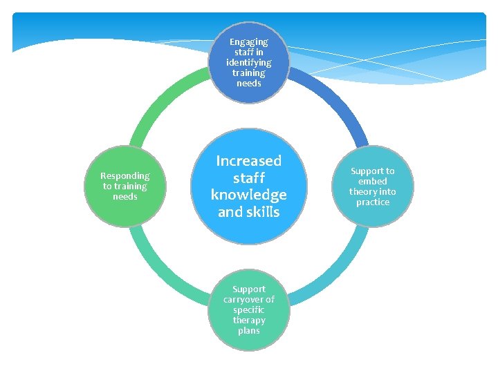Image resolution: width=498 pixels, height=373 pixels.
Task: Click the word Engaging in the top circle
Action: [249, 42]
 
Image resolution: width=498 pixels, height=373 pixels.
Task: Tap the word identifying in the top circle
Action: [249, 63]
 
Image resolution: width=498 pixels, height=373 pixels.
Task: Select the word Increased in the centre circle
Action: [249, 161]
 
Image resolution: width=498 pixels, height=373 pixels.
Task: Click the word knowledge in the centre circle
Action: [249, 195]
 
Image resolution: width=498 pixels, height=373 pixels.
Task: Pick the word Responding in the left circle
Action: [124, 176]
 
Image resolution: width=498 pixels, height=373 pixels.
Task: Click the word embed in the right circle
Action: [373, 182]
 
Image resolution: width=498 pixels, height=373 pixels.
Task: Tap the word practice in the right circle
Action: [373, 202]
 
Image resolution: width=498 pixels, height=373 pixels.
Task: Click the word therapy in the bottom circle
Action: [249, 321]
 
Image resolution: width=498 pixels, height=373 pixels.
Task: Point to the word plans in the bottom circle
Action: [249, 331]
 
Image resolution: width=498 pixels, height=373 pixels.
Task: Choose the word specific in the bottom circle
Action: [249, 310]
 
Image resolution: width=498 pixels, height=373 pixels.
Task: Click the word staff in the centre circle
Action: [249, 178]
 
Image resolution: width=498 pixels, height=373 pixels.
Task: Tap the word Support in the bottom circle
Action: [249, 289]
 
